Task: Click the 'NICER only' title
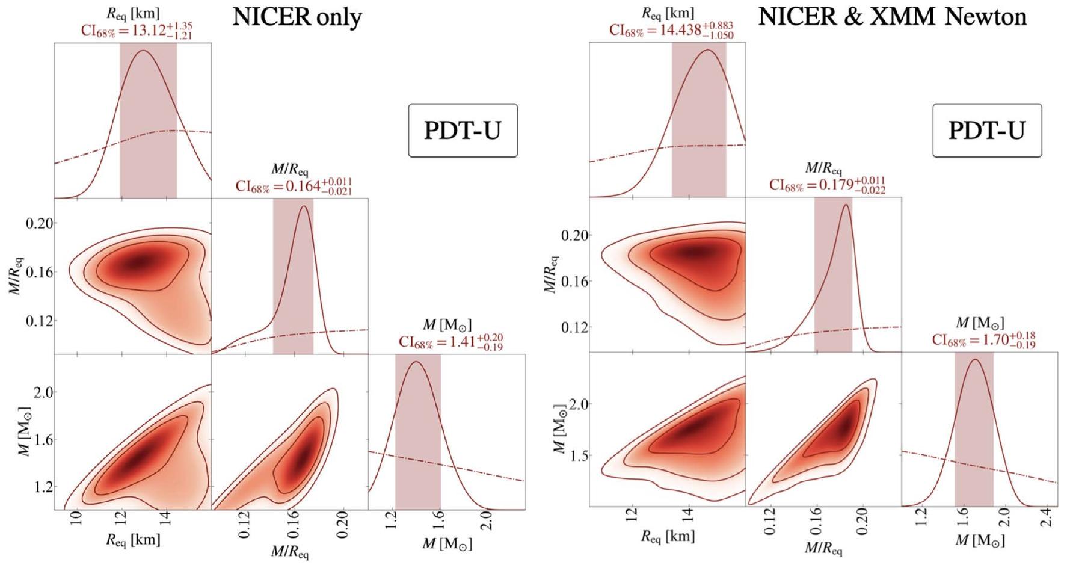coord(297,17)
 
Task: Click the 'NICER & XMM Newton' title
coord(892,16)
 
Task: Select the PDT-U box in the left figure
coord(463,130)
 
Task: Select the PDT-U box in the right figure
coord(986,130)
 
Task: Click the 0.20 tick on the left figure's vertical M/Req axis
coord(41,223)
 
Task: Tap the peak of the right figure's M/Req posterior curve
coord(846,205)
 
